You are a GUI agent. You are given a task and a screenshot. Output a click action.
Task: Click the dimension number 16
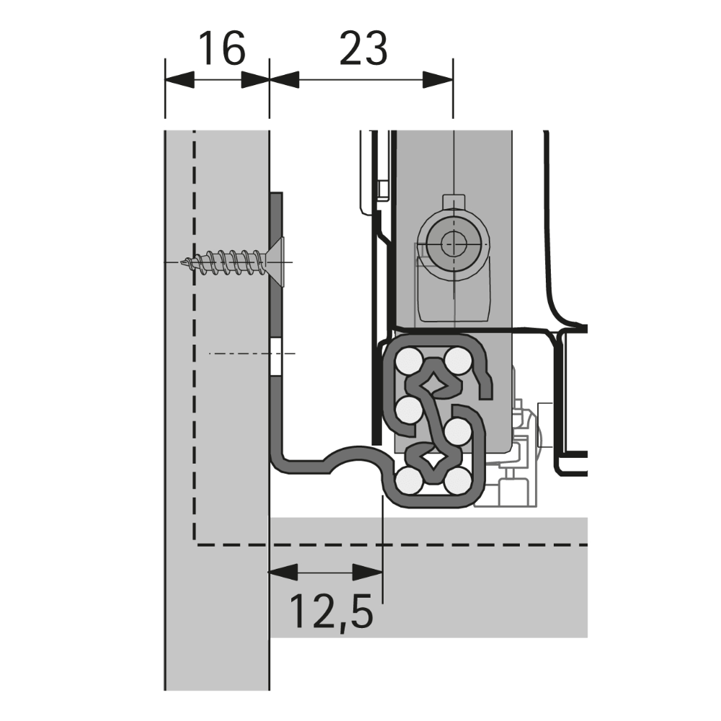tap(221, 49)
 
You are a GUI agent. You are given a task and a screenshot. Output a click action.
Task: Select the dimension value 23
tap(363, 49)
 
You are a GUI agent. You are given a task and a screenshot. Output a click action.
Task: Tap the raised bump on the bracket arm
tap(353, 455)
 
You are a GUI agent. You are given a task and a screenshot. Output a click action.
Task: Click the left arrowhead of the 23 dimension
tap(284, 79)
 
